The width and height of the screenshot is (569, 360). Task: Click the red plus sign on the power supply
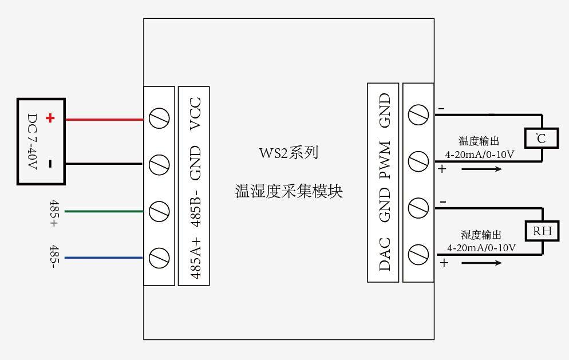tap(50, 118)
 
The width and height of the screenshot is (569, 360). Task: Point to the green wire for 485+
tap(103, 211)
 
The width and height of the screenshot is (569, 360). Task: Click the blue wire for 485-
tap(103, 258)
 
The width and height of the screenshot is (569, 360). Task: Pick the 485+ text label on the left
tap(54, 212)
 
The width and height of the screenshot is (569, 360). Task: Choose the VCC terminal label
tap(195, 113)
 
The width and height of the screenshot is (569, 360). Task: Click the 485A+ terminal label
tap(195, 258)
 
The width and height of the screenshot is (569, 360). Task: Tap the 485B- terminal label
tap(195, 208)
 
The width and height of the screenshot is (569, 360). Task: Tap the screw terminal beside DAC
tap(418, 253)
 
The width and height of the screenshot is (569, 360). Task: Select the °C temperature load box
tap(542, 139)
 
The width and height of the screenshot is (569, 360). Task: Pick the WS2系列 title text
tap(289, 153)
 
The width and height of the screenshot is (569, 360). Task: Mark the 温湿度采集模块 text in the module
tap(289, 191)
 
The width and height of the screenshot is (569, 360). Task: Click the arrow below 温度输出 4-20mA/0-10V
tap(481, 169)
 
